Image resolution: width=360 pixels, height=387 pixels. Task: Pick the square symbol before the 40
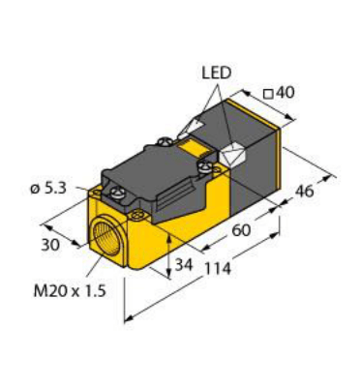268,93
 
